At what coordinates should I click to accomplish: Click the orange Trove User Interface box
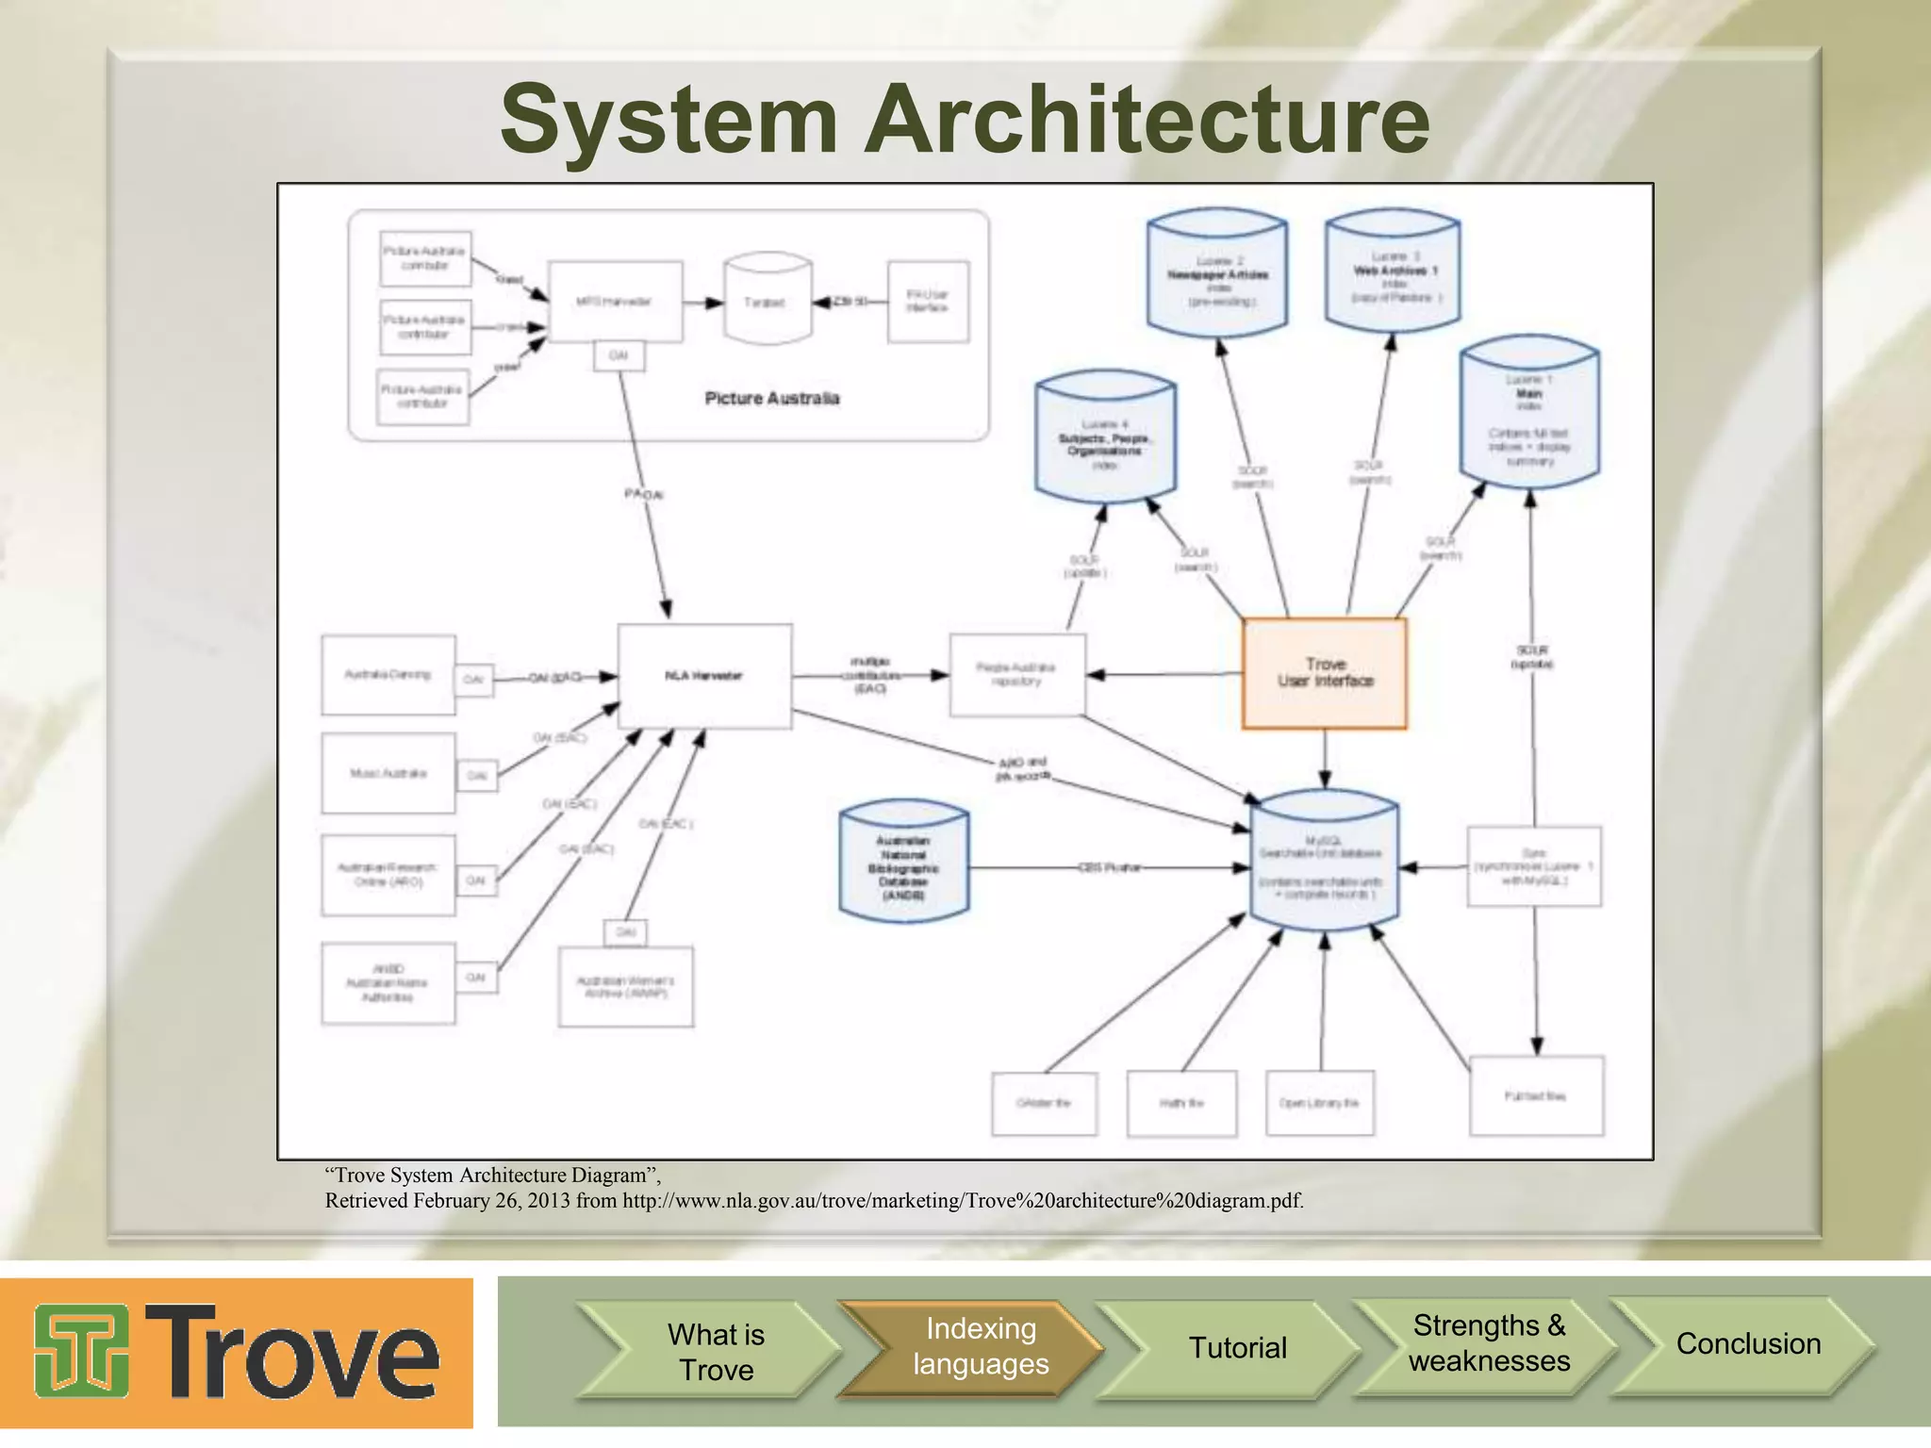[x=1324, y=673]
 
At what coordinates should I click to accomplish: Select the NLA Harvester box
[x=704, y=675]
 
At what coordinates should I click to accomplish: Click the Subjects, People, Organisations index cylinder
[x=1104, y=438]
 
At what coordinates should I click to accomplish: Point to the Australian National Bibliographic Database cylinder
[x=903, y=863]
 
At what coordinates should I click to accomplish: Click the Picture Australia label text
[x=771, y=398]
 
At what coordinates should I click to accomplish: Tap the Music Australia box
[x=388, y=773]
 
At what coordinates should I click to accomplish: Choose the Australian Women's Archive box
[x=625, y=987]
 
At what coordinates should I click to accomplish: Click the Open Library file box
[x=1319, y=1102]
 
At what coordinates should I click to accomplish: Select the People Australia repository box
[x=1016, y=674]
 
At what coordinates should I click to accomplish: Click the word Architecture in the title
[x=1147, y=120]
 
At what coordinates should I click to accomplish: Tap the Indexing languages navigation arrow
[x=979, y=1347]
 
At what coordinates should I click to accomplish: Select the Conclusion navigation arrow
[x=1747, y=1344]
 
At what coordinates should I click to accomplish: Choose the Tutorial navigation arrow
[x=1236, y=1348]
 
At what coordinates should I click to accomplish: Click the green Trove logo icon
[x=82, y=1351]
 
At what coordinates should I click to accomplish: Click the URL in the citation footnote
[x=963, y=1201]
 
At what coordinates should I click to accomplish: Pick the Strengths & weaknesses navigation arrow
[x=1488, y=1343]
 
